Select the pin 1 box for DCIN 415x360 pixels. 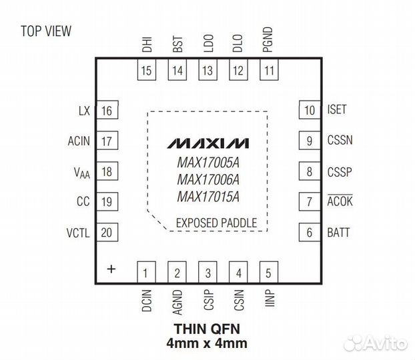point(146,272)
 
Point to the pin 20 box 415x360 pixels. point(106,233)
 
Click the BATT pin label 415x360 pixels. point(338,233)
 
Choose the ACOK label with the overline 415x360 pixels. point(340,202)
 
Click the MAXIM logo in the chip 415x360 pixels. point(208,143)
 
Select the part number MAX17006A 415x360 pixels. point(208,179)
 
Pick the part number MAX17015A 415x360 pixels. point(208,196)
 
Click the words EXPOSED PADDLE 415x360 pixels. point(216,223)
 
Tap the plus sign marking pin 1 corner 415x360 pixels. point(111,269)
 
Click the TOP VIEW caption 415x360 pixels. point(46,31)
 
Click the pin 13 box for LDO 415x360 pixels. point(208,71)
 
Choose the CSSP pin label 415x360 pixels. point(340,171)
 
